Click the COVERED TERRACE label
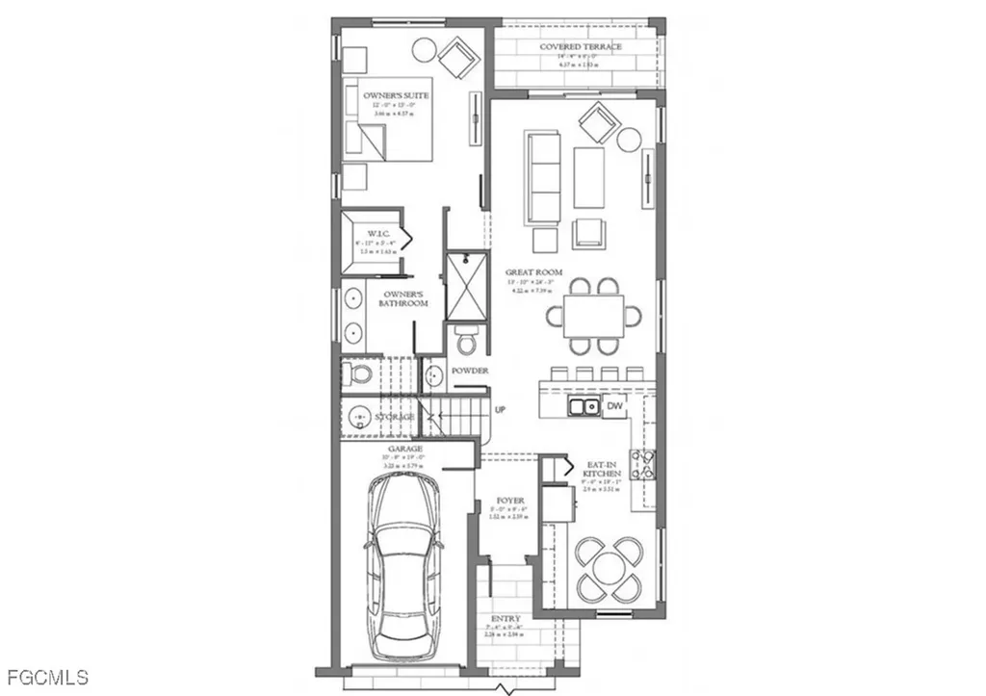(x=580, y=46)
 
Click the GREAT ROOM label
(x=534, y=272)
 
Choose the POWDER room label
(x=470, y=371)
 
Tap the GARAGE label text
(x=404, y=449)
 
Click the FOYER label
(x=509, y=502)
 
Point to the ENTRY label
(x=506, y=619)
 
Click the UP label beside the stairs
(x=501, y=410)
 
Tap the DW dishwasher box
(x=613, y=407)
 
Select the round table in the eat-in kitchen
(x=607, y=567)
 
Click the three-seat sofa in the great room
(x=543, y=177)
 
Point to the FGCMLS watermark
(x=46, y=677)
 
